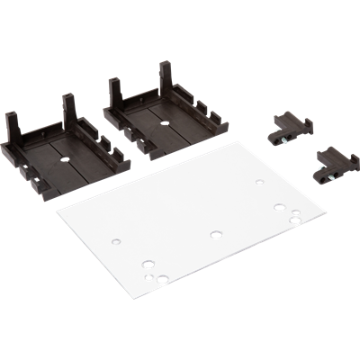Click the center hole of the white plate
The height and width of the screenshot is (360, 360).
point(215,234)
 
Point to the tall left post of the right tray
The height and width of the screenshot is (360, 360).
point(113,94)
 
